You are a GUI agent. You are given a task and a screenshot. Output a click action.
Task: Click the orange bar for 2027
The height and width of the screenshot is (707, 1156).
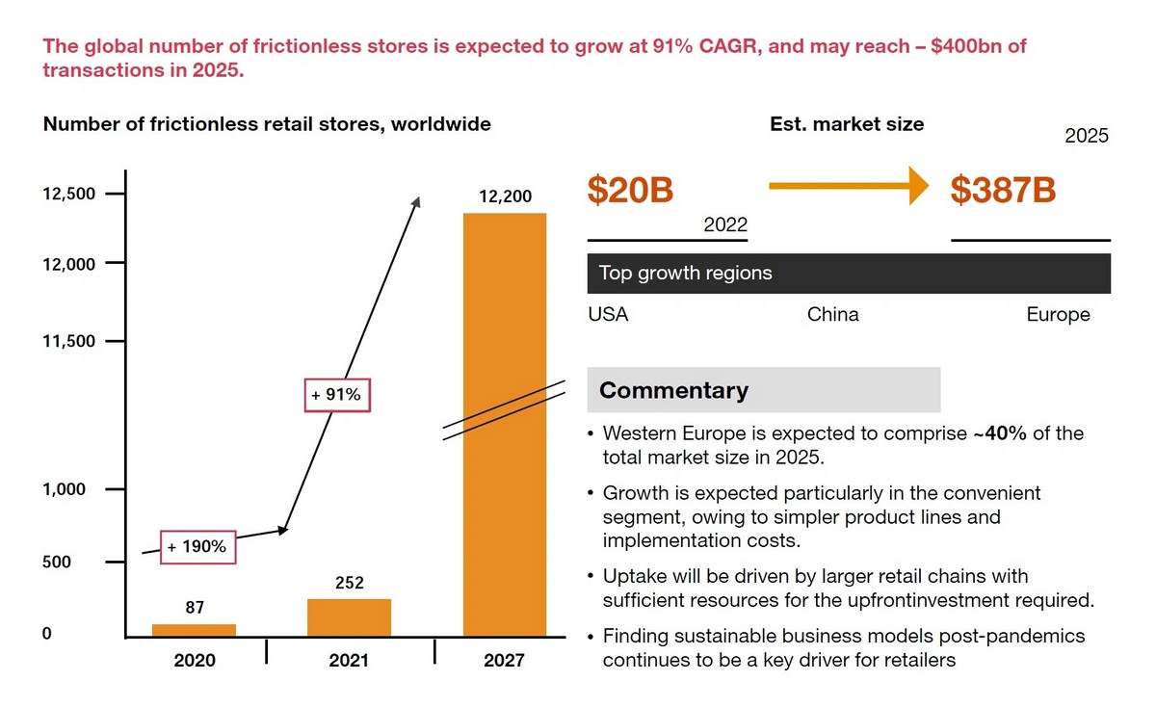click(505, 424)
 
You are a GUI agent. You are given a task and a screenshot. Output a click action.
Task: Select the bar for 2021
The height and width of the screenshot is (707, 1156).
click(349, 617)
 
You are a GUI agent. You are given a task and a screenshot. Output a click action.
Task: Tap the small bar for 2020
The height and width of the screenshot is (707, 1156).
click(194, 630)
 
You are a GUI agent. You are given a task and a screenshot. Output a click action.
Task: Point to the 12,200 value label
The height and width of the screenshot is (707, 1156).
click(505, 196)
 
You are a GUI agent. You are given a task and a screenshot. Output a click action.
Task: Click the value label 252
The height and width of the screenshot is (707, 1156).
click(349, 583)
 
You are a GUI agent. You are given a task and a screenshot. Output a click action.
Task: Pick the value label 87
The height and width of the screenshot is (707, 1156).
click(195, 608)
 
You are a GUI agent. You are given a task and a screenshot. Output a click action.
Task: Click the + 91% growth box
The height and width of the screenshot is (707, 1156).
click(336, 394)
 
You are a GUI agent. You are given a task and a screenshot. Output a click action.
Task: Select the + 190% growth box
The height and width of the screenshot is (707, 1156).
click(197, 546)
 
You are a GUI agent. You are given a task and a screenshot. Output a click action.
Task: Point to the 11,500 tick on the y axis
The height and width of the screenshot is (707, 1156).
click(69, 341)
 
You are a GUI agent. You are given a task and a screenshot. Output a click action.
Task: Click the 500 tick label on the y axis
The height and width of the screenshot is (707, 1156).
click(56, 562)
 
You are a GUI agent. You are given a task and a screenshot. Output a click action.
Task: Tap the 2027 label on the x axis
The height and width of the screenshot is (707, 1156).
click(505, 660)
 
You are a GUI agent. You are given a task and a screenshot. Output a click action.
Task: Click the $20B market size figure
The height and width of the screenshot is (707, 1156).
click(630, 191)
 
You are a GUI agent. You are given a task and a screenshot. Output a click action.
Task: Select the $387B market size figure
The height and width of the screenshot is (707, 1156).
click(1003, 191)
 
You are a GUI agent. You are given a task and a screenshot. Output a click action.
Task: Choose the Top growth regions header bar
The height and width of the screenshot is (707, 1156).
click(848, 273)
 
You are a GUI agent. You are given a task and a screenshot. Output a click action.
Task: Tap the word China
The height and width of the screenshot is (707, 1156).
click(832, 315)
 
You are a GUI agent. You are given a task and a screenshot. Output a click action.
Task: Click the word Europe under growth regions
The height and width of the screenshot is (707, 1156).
click(1058, 315)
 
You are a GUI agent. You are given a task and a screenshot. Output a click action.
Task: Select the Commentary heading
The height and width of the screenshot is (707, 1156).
click(673, 390)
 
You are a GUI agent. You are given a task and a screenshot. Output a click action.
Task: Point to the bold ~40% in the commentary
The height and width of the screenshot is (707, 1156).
click(999, 433)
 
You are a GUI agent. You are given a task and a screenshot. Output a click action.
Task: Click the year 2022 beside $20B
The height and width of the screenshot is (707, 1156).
click(725, 224)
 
